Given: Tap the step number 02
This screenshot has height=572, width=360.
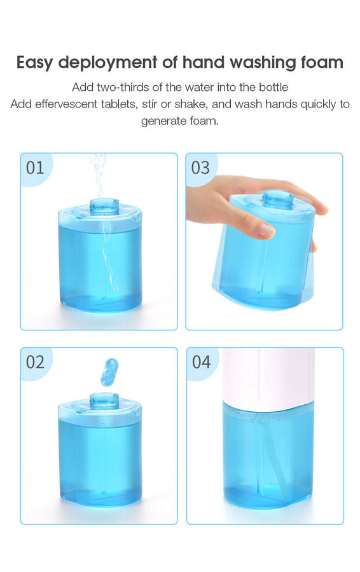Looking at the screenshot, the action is click(x=35, y=362).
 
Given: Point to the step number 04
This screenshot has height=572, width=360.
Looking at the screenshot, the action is click(x=201, y=362).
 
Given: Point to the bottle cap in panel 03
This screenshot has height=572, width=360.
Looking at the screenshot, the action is click(x=278, y=199).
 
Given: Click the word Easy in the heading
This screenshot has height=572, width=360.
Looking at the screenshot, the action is click(x=36, y=63).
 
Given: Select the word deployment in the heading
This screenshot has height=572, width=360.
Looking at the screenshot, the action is click(x=107, y=63).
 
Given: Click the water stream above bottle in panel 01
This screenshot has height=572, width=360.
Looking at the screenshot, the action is click(x=97, y=176).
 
